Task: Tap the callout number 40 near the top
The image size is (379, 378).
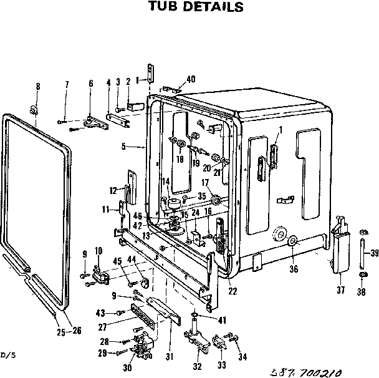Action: (191, 79)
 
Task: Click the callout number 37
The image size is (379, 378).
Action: (340, 289)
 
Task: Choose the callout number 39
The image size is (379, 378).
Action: (374, 253)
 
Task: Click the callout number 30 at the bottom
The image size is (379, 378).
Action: (127, 368)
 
